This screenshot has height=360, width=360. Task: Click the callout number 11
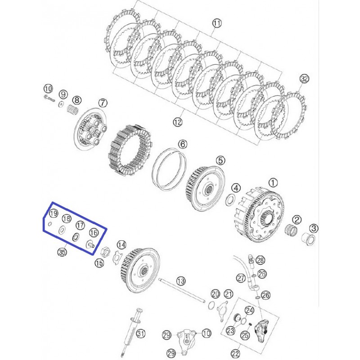[216, 23]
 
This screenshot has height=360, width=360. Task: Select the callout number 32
[305, 79]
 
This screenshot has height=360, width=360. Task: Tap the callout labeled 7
[103, 103]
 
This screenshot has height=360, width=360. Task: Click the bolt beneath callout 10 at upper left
[49, 98]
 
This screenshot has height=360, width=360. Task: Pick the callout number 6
[183, 144]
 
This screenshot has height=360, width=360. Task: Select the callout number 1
[273, 183]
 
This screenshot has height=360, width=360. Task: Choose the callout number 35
[62, 252]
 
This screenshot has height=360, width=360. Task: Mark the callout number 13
[181, 281]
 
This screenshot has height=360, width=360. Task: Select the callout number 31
[141, 333]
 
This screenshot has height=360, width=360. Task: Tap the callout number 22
[235, 354]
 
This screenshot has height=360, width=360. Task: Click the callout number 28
[260, 260]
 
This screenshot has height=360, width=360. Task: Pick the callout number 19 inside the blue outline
[54, 213]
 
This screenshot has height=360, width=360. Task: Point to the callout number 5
[220, 161]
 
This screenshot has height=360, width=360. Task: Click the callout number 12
[177, 122]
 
